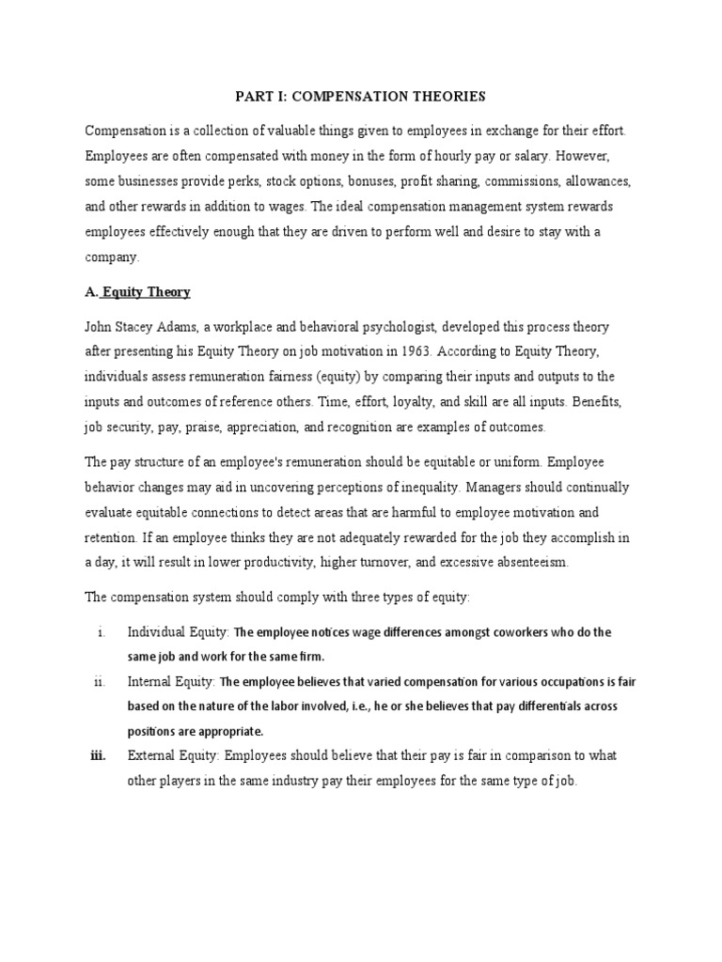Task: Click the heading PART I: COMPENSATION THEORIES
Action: (360, 96)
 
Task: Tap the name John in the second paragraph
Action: (101, 327)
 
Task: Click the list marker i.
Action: (100, 632)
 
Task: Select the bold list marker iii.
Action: (98, 755)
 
